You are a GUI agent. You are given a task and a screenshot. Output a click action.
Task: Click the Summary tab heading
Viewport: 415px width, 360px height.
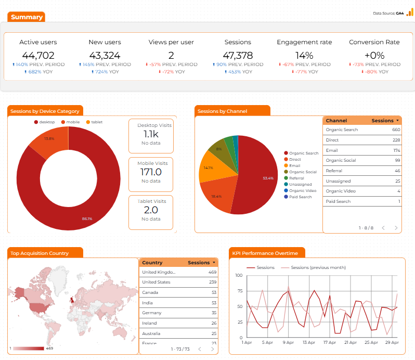[x=27, y=17]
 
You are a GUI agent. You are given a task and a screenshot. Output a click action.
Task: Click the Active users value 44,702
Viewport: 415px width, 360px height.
[x=38, y=55]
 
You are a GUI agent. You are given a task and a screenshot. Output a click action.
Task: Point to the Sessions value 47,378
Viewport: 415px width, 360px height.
[x=238, y=55]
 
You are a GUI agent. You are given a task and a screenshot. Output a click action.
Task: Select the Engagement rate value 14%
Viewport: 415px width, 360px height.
[x=304, y=55]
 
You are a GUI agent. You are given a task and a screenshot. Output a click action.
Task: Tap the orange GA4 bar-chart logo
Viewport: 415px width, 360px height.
[x=410, y=12]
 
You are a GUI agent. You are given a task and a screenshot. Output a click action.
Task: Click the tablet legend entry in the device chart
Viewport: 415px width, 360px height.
[x=95, y=122]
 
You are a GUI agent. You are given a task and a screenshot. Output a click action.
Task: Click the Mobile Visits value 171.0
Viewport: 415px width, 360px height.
[x=151, y=172]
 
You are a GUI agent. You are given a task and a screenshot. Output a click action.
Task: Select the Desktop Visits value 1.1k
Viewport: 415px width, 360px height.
[x=151, y=134]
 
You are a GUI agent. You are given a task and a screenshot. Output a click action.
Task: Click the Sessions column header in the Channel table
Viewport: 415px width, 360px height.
[x=385, y=121]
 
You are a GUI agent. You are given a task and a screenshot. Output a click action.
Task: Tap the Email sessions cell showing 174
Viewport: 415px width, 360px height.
[x=396, y=150]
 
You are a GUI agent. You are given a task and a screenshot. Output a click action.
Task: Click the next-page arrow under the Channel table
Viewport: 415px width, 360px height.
[x=396, y=228]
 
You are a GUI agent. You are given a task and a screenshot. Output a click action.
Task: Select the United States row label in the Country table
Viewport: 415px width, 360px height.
[x=156, y=282]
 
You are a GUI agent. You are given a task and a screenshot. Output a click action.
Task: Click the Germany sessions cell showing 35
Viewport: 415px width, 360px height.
[x=214, y=313]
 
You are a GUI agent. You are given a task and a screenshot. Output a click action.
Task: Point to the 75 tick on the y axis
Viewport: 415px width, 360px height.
[x=240, y=291]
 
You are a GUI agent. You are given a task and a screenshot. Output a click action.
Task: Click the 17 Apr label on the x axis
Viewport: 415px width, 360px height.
[x=330, y=342]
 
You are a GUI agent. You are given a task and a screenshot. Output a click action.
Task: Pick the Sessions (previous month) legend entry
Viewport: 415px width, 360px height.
[x=314, y=267]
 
